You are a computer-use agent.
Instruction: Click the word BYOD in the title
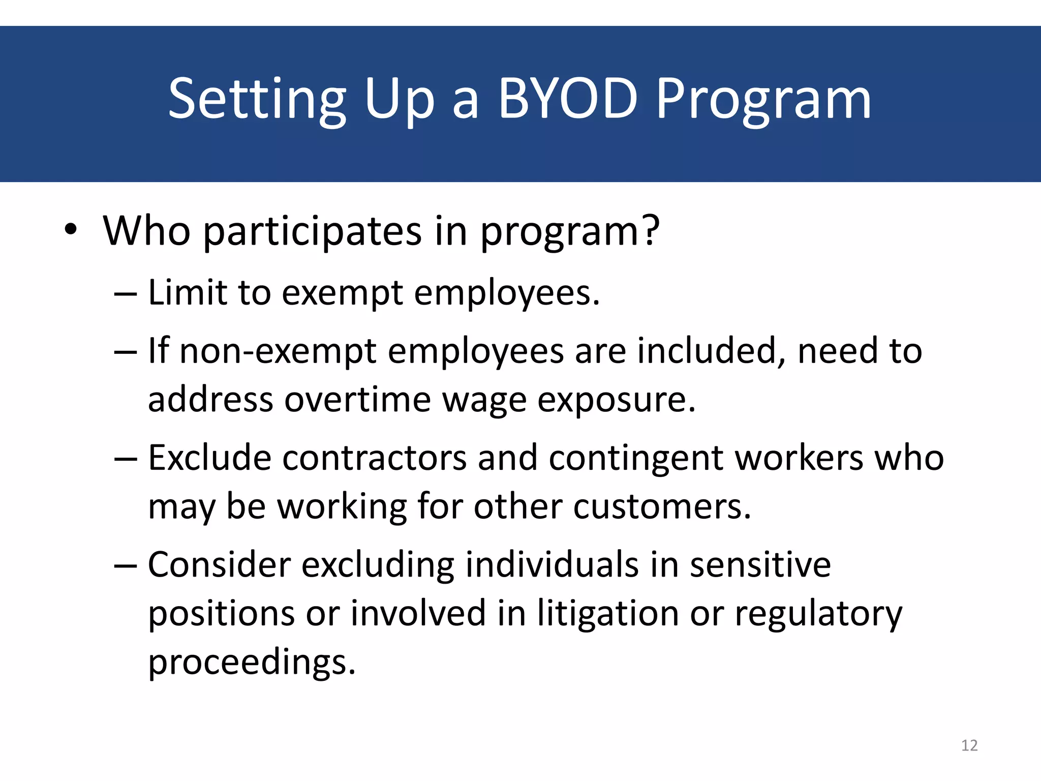[x=567, y=99]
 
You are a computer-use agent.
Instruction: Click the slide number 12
[x=969, y=745]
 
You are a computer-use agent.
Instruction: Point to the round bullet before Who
[x=71, y=230]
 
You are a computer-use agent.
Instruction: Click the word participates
[x=313, y=232]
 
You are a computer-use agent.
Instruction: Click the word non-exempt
[x=278, y=352]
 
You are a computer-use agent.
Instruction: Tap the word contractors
[x=374, y=458]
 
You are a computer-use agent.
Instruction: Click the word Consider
[x=219, y=565]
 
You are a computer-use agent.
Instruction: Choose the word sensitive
[x=760, y=565]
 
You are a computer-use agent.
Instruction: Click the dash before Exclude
[x=126, y=459]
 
